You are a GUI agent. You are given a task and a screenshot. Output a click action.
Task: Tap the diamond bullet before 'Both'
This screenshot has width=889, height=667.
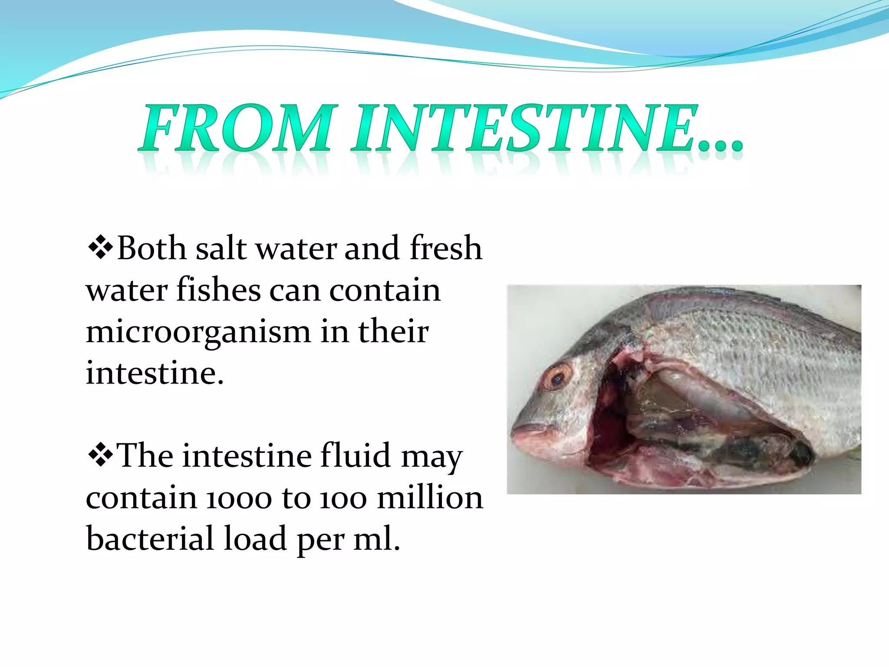100,248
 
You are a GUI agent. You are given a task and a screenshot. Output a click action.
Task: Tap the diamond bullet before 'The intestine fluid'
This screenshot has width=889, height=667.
100,455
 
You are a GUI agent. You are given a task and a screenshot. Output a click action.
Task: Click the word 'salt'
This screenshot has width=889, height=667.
221,248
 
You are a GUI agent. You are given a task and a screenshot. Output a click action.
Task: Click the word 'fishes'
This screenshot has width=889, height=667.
218,290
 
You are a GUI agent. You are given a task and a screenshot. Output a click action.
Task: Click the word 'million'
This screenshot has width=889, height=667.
430,498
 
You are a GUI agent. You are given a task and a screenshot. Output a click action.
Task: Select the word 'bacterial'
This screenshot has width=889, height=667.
150,538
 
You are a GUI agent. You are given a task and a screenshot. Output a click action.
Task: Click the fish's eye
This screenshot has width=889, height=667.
558,376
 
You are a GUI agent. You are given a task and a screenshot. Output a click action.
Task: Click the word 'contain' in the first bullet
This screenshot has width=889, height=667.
385,290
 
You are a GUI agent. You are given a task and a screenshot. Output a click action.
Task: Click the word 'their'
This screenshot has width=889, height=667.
393,332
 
